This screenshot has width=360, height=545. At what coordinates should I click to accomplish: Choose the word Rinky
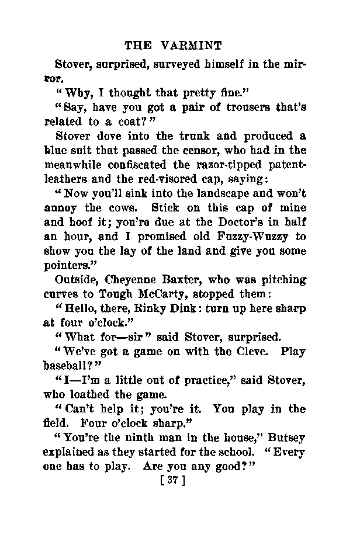pyautogui.click(x=155, y=307)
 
